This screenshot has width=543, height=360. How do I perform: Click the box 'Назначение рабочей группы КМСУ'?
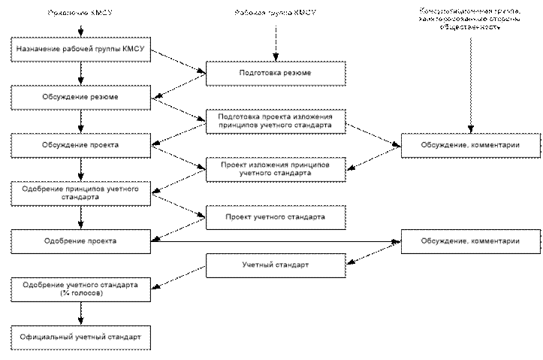tap(80, 51)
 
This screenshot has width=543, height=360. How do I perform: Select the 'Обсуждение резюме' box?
tap(80, 98)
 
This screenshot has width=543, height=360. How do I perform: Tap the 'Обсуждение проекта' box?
tap(80, 144)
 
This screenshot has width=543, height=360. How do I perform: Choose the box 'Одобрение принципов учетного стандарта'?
tap(80, 192)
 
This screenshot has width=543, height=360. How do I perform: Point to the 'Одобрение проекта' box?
tap(80, 241)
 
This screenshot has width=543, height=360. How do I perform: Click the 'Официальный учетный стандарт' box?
tap(80, 334)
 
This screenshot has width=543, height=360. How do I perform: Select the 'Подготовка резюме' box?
tap(276, 74)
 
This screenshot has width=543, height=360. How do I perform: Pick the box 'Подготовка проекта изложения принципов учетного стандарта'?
tap(276, 122)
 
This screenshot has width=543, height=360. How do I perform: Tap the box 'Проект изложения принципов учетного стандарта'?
tap(276, 168)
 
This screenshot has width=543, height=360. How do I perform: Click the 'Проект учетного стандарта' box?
tap(276, 216)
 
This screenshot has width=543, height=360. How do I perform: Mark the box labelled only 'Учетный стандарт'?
tap(276, 265)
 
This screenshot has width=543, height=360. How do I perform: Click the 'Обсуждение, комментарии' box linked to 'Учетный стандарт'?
tap(470, 241)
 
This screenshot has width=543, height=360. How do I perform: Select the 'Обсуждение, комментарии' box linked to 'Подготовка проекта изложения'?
tap(470, 144)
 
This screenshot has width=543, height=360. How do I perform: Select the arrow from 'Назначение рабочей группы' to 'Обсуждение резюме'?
tap(80, 74)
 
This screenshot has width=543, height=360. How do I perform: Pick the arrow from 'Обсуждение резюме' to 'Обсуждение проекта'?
tap(80, 121)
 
